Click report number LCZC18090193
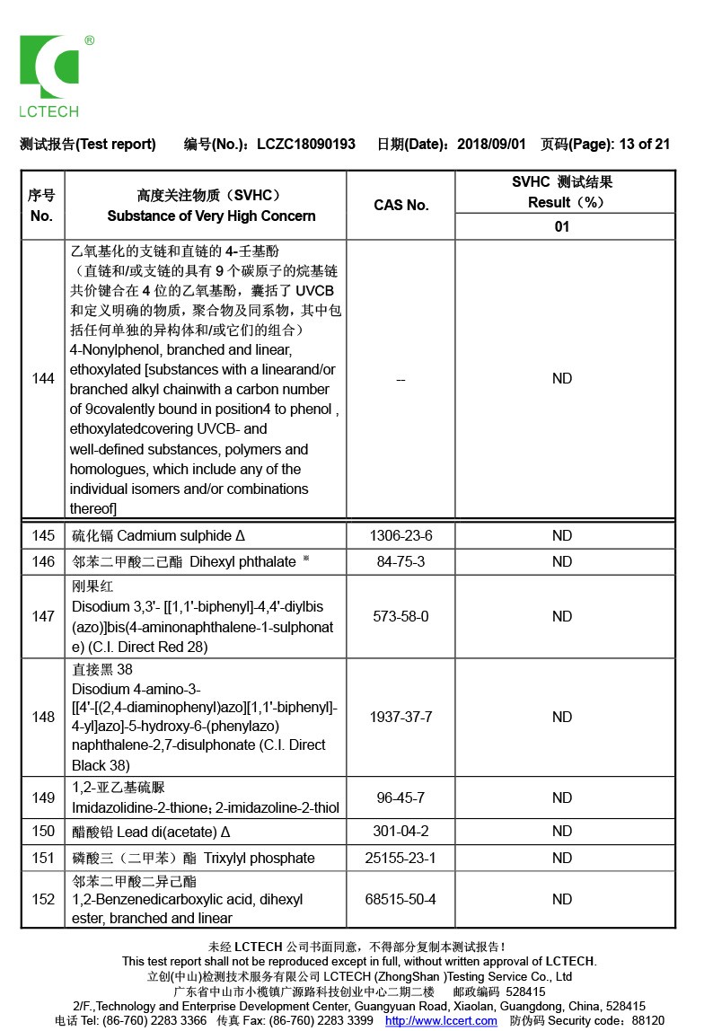click(305, 144)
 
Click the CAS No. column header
click(400, 205)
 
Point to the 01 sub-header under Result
click(562, 226)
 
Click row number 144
click(43, 379)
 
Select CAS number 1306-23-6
click(400, 536)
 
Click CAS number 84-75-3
click(400, 562)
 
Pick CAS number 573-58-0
click(400, 617)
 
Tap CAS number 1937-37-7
click(400, 718)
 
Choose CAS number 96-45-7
click(400, 798)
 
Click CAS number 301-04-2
click(400, 832)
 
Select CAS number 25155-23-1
click(400, 859)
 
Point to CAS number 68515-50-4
click(400, 900)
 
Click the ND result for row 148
click(562, 718)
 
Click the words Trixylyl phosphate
click(260, 859)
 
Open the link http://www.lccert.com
click(441, 1021)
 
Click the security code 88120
click(648, 1021)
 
